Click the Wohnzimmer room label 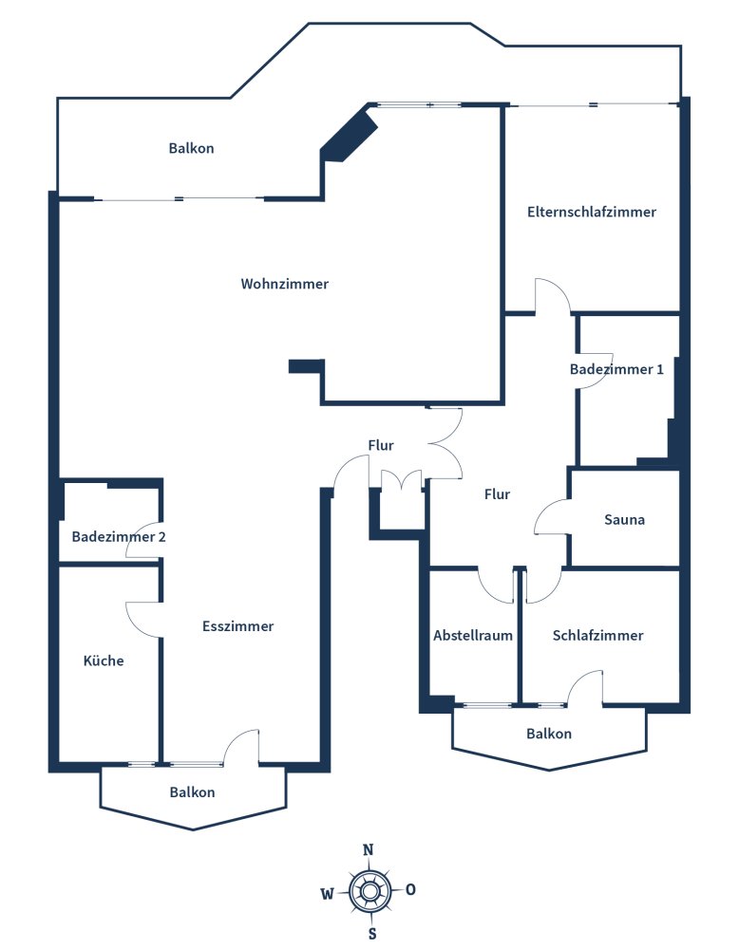285,284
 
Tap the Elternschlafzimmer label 592,213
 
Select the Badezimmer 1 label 616,369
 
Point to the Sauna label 625,520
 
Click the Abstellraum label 473,636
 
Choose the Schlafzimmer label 597,636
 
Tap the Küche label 104,661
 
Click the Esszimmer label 238,626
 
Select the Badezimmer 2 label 119,537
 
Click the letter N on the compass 369,850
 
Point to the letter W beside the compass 326,892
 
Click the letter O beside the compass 410,890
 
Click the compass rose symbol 369,890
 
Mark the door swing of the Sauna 551,517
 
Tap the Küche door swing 142,619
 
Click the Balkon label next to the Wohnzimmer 192,148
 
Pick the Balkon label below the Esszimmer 193,792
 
